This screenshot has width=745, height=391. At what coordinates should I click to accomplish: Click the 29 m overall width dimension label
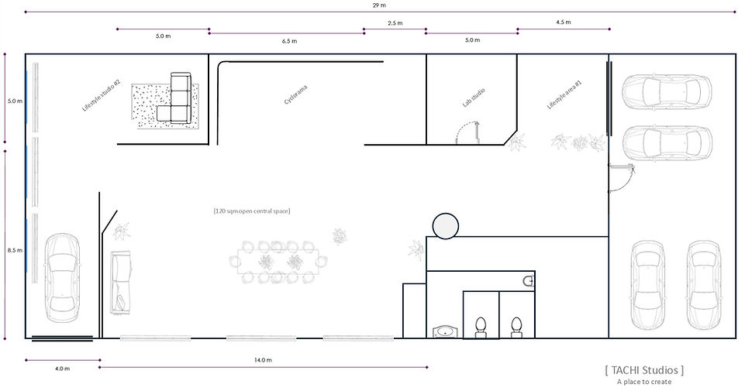(x=379, y=5)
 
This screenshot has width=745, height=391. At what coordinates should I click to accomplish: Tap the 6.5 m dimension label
(x=289, y=41)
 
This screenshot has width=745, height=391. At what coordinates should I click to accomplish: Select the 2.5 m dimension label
(x=395, y=22)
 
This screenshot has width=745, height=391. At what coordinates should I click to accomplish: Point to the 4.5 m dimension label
(x=563, y=22)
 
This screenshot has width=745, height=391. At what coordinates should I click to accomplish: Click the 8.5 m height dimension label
(x=15, y=251)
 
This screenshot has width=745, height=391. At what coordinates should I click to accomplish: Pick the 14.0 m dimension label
(x=263, y=360)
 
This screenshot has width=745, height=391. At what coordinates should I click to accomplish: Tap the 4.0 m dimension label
(x=62, y=369)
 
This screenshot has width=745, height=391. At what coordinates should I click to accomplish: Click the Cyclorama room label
(x=295, y=94)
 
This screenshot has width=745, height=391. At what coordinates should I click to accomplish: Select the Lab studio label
(x=474, y=98)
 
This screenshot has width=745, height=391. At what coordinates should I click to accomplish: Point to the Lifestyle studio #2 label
(x=102, y=95)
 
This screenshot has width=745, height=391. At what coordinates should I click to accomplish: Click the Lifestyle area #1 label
(x=564, y=95)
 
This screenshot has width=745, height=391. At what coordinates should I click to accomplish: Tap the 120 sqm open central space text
(x=252, y=211)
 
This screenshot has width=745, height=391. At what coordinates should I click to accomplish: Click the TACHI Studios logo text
(x=644, y=370)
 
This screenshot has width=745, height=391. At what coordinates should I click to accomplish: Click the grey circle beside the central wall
(x=446, y=225)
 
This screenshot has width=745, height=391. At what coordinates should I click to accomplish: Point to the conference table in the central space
(x=278, y=262)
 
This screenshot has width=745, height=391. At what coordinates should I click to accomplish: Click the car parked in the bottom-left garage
(x=63, y=278)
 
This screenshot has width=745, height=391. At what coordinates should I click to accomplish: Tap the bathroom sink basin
(x=445, y=331)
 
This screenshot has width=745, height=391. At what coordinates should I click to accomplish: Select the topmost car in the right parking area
(x=667, y=92)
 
